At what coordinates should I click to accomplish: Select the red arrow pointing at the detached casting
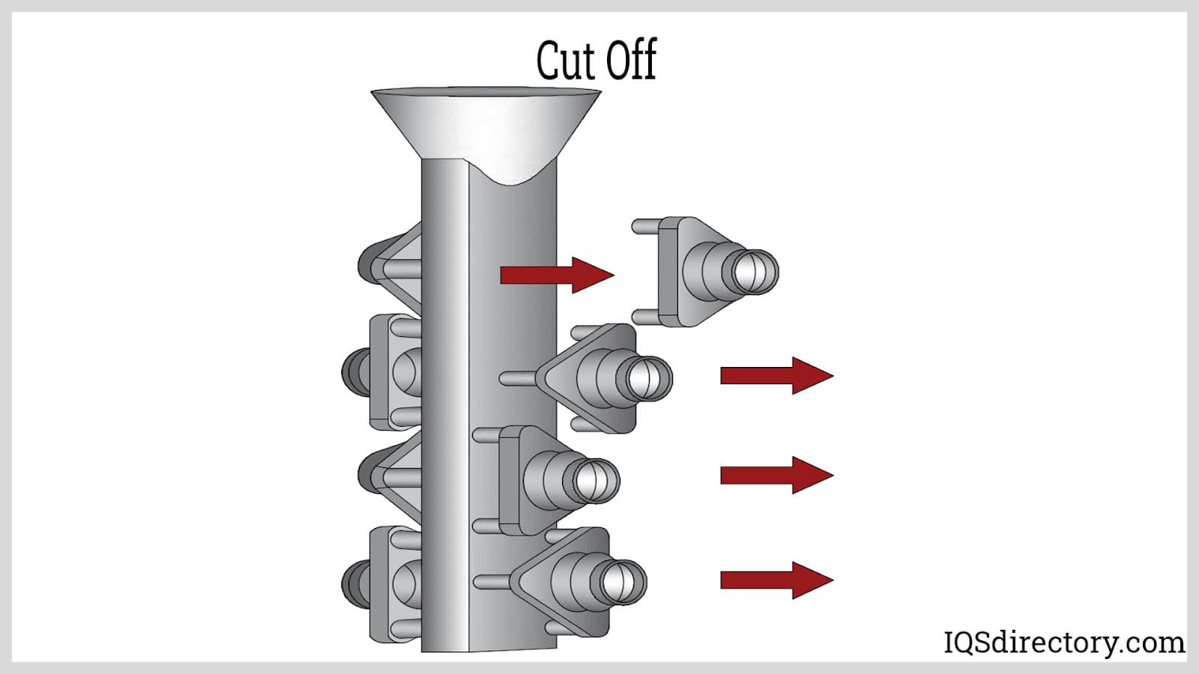pyautogui.click(x=557, y=275)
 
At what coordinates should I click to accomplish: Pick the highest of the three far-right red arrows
pyautogui.click(x=776, y=375)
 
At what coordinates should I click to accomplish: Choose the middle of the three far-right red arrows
pyautogui.click(x=776, y=475)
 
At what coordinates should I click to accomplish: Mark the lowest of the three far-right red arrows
pyautogui.click(x=776, y=580)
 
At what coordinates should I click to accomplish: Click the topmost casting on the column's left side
pyautogui.click(x=390, y=266)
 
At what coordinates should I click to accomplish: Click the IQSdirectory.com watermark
pyautogui.click(x=1063, y=643)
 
